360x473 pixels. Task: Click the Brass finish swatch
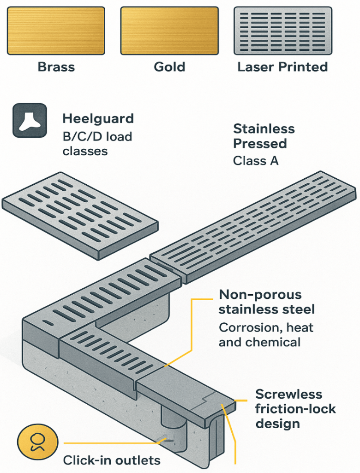point(56,31)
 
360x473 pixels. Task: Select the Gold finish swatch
point(169,31)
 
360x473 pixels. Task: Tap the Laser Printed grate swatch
point(283,31)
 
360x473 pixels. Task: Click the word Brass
point(56,67)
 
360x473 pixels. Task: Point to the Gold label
point(169,67)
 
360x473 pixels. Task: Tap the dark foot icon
point(30,121)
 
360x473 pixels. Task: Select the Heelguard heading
point(98,119)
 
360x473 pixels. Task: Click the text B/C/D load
point(97,137)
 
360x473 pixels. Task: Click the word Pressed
point(260,144)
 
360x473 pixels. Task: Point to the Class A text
point(256,161)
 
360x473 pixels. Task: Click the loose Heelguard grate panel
point(80,215)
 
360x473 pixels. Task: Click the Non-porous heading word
point(260,295)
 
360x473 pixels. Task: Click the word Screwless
point(289,394)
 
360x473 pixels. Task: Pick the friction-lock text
point(295,409)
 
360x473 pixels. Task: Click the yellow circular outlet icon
point(37,443)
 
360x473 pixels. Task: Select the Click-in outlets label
point(112,461)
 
